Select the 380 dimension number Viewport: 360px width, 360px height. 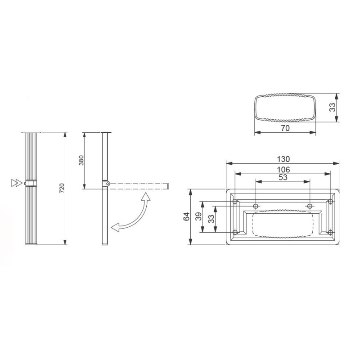(x=81, y=161)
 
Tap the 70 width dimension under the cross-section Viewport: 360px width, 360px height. (x=284, y=128)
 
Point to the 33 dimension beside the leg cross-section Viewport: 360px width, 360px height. (x=332, y=108)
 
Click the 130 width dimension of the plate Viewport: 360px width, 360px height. (x=283, y=159)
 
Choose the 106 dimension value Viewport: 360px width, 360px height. (x=283, y=169)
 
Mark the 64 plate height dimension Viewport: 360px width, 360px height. (x=186, y=217)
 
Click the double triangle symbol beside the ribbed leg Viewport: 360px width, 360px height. (x=16, y=183)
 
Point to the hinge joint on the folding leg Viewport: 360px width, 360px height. (x=106, y=184)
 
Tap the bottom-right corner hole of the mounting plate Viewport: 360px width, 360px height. (x=330, y=233)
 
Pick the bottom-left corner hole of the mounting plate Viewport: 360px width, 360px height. (x=235, y=233)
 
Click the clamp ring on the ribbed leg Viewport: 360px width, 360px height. (x=31, y=183)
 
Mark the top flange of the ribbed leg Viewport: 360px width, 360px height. (x=31, y=133)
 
